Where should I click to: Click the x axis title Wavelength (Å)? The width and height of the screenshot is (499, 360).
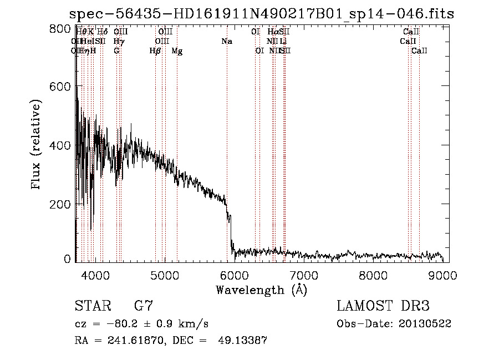tap(261, 290)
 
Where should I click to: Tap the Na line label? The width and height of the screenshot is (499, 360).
tap(226, 42)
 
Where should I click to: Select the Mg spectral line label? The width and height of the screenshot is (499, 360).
tap(177, 51)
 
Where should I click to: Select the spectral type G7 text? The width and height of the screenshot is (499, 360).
tap(144, 306)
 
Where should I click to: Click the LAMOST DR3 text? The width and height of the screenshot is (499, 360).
tap(383, 306)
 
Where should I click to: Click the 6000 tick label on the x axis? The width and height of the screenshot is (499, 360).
tap(234, 274)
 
